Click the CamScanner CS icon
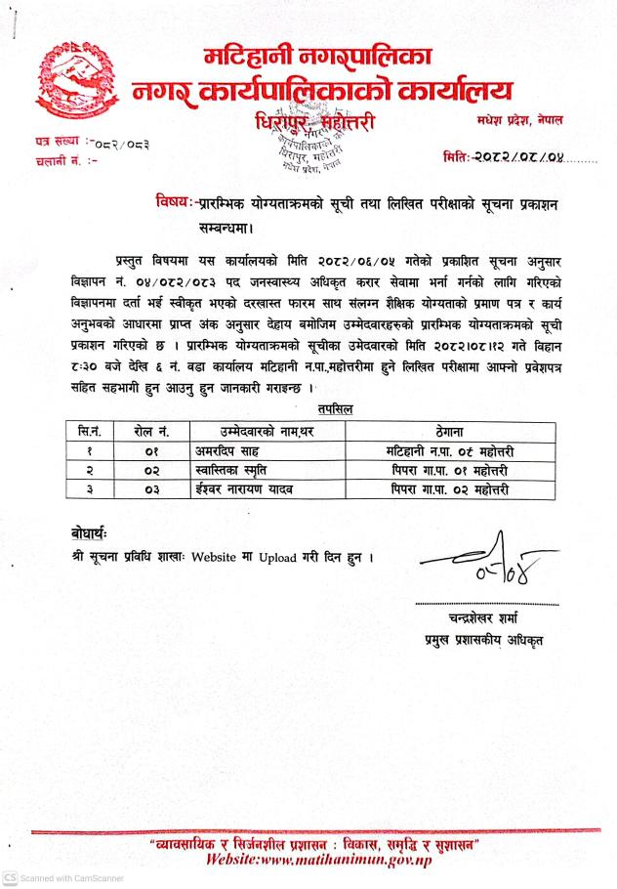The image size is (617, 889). pos(9,877)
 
